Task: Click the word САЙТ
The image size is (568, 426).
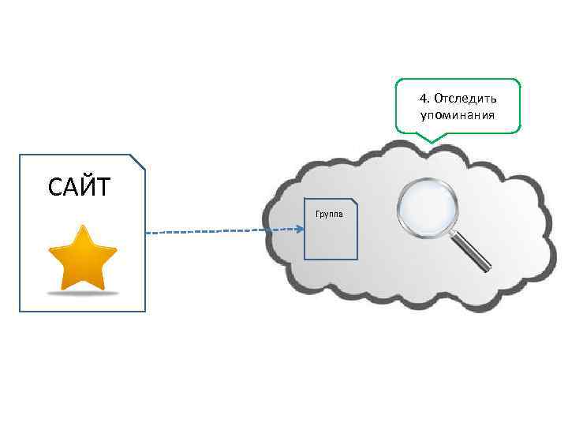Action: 80,188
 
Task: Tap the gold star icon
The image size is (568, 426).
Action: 82,258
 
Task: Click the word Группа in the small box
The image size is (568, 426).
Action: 328,214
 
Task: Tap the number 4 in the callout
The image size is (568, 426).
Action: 424,99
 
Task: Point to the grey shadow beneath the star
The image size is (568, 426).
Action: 82,292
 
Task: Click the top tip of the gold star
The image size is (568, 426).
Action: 82,227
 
